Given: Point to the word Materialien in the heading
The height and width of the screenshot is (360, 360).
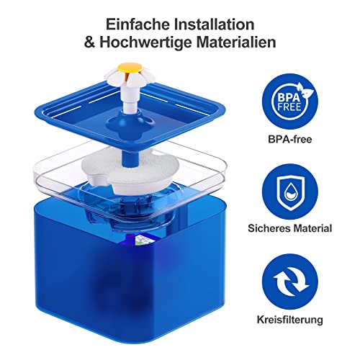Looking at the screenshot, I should [x=238, y=42].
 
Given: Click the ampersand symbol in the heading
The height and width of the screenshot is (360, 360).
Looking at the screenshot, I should [x=91, y=42].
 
